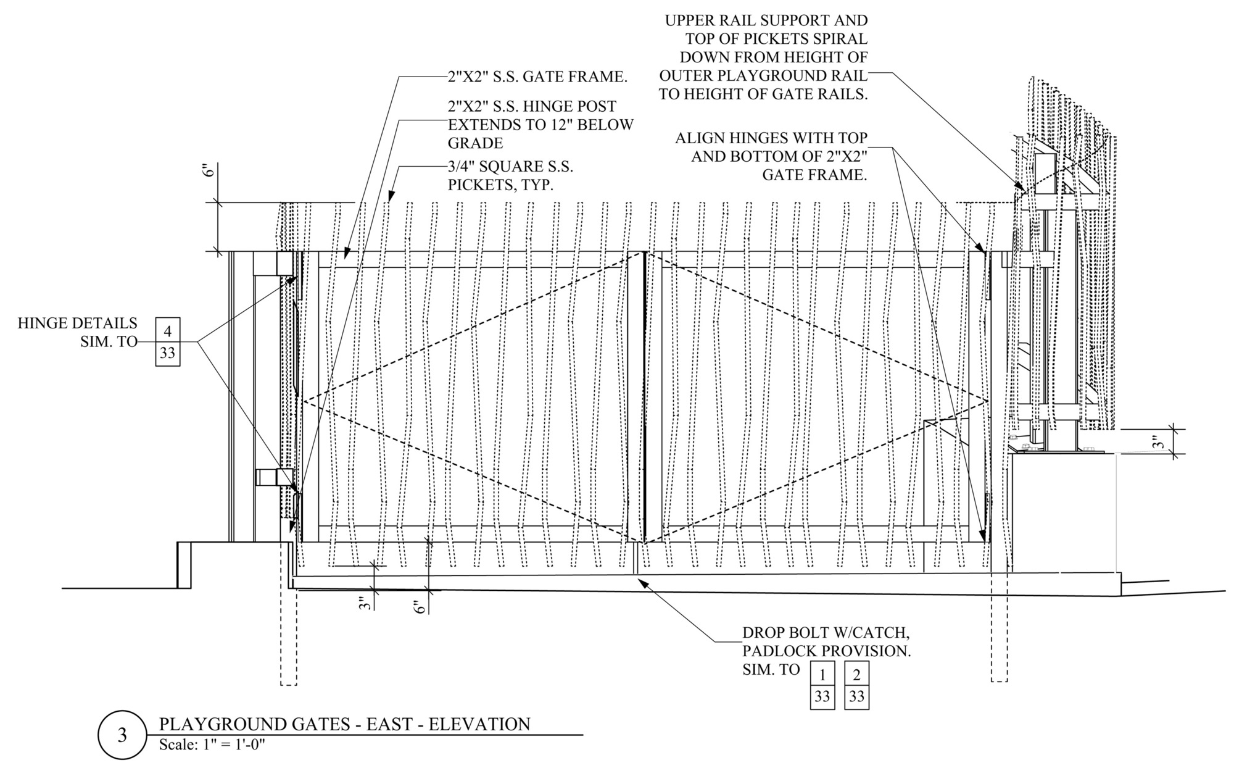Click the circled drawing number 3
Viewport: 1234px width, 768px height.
tap(122, 735)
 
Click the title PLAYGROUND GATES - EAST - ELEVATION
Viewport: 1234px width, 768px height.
tap(344, 724)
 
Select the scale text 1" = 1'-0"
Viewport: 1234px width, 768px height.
tap(230, 745)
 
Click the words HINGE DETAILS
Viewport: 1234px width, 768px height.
tap(77, 323)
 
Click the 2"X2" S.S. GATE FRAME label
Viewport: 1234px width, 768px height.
tap(537, 77)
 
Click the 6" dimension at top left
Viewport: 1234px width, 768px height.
tap(210, 170)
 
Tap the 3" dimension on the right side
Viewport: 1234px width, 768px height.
tap(1159, 442)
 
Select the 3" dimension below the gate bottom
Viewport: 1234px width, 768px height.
tap(366, 602)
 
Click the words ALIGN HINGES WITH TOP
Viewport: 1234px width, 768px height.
tap(771, 138)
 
